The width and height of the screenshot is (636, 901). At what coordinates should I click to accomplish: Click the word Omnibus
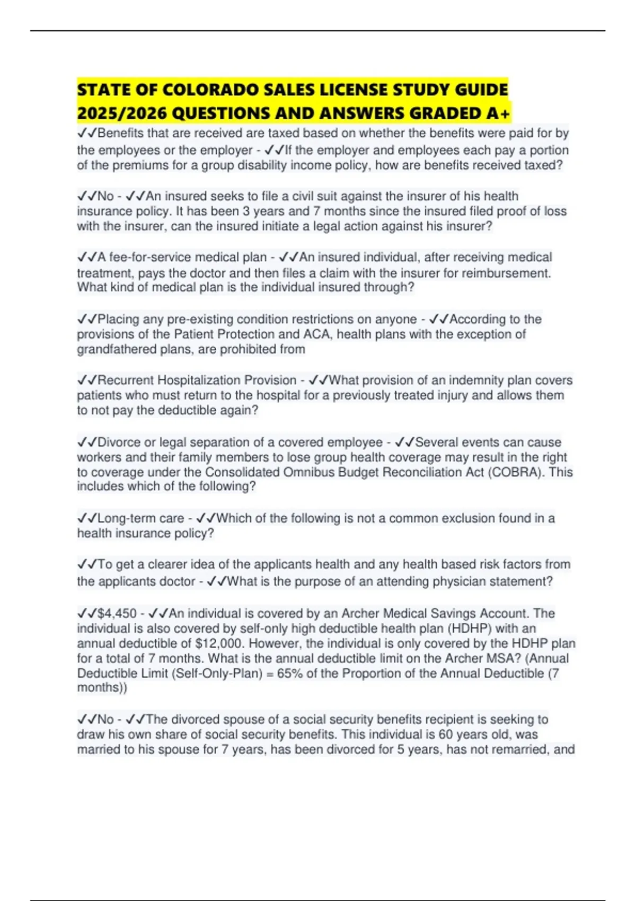(307, 472)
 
